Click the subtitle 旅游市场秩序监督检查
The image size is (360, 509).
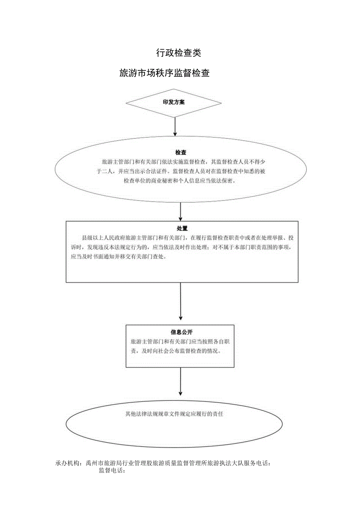(x=164, y=73)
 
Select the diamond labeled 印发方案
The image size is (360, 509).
(x=174, y=103)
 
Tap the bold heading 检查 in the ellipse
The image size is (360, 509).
(x=180, y=152)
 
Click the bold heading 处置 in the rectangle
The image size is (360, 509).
(x=182, y=228)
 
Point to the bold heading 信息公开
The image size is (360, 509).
(x=180, y=332)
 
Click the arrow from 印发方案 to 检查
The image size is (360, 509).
(x=175, y=126)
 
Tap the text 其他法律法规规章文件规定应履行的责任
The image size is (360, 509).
(x=174, y=414)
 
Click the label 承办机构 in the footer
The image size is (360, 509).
(x=68, y=463)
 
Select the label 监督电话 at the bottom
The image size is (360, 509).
(x=111, y=471)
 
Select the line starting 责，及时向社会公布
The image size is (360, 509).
(x=176, y=351)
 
